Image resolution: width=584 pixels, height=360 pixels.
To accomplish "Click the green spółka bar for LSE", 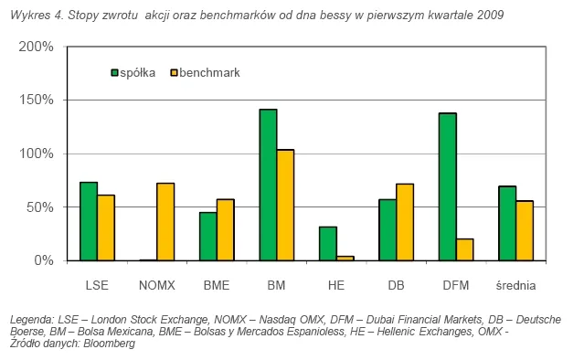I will pyautogui.click(x=89, y=221).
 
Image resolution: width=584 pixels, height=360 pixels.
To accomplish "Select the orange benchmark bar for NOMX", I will pyautogui.click(x=165, y=222).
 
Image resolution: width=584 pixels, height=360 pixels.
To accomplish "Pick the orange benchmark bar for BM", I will pyautogui.click(x=285, y=205).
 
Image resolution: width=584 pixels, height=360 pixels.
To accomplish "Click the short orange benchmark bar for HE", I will pyautogui.click(x=345, y=259).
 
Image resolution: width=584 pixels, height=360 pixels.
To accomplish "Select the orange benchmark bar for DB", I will pyautogui.click(x=404, y=222).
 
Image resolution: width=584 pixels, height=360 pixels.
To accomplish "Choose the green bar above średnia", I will pyautogui.click(x=507, y=223).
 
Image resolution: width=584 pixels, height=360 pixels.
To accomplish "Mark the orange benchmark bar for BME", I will pyautogui.click(x=225, y=229).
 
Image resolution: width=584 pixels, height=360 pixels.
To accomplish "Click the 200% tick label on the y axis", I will pyautogui.click(x=39, y=47).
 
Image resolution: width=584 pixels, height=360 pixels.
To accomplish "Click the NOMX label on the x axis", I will pyautogui.click(x=156, y=286).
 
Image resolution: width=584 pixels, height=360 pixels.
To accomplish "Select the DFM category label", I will pyautogui.click(x=455, y=286).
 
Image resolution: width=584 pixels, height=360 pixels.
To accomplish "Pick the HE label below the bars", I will pyautogui.click(x=336, y=286).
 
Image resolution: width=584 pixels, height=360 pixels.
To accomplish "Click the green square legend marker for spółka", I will pyautogui.click(x=115, y=71).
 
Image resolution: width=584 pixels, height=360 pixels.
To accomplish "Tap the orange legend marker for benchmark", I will pyautogui.click(x=175, y=71).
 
